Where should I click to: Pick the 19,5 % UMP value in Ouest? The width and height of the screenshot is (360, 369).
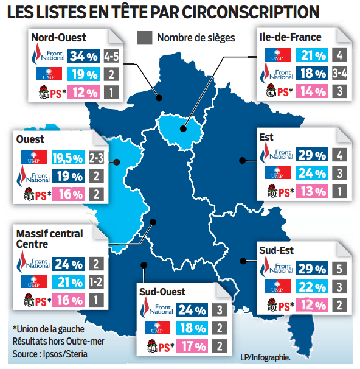[x=67, y=158]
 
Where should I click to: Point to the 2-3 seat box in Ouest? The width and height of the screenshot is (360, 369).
[x=96, y=158]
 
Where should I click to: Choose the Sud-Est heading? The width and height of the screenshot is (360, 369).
[x=277, y=250]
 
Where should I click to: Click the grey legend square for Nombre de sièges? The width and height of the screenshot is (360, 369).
[x=145, y=37]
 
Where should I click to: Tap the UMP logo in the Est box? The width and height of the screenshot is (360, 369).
[x=277, y=173]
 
